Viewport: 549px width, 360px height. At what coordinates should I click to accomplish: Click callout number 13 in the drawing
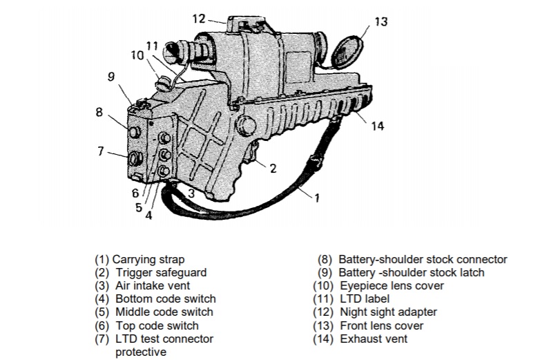[x=381, y=22]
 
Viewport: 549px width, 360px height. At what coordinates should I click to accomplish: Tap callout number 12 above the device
[x=199, y=19]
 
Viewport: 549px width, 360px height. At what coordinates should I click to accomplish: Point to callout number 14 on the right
[x=377, y=126]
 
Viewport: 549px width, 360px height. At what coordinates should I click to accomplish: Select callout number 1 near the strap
[x=316, y=198]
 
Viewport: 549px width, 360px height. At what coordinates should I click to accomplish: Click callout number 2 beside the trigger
[x=273, y=168]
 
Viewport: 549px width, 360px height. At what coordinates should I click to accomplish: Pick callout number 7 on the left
[x=102, y=151]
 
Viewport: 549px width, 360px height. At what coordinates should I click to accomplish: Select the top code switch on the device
[x=166, y=138]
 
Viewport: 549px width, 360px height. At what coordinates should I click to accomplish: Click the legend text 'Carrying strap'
[x=148, y=260]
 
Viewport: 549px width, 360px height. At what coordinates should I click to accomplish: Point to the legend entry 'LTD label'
[x=365, y=299]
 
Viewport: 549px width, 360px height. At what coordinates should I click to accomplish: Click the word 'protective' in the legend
[x=140, y=352]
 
